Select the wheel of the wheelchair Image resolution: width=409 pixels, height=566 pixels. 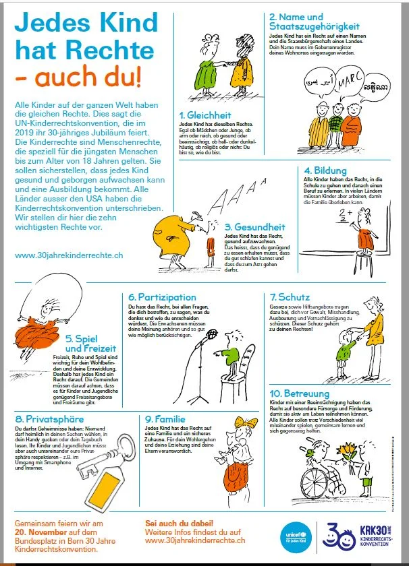(317, 484)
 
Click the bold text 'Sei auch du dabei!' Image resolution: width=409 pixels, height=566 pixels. (180, 522)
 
